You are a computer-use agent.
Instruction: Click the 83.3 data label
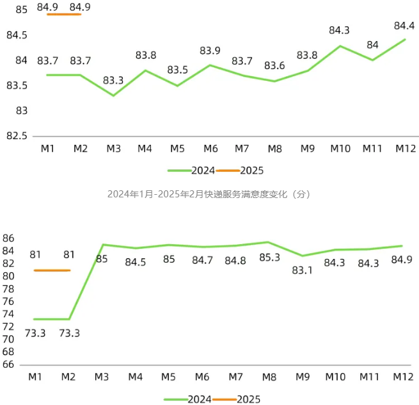point(113,80)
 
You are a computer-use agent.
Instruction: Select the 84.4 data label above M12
point(404,26)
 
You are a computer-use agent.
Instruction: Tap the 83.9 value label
point(210,51)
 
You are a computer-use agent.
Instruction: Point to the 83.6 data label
point(274,65)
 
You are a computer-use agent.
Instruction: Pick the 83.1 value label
point(303,270)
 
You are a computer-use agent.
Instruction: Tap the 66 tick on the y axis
point(8,365)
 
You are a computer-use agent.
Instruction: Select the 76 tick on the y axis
point(8,301)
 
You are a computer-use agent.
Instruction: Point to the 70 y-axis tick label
point(8,339)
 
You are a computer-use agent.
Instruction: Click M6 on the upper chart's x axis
point(210,149)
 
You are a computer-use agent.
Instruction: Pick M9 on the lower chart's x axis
point(303,377)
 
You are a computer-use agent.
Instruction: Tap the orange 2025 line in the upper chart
point(64,14)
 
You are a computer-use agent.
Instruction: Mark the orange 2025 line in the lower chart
point(52,270)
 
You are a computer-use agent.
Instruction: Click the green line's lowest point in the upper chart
point(114,95)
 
